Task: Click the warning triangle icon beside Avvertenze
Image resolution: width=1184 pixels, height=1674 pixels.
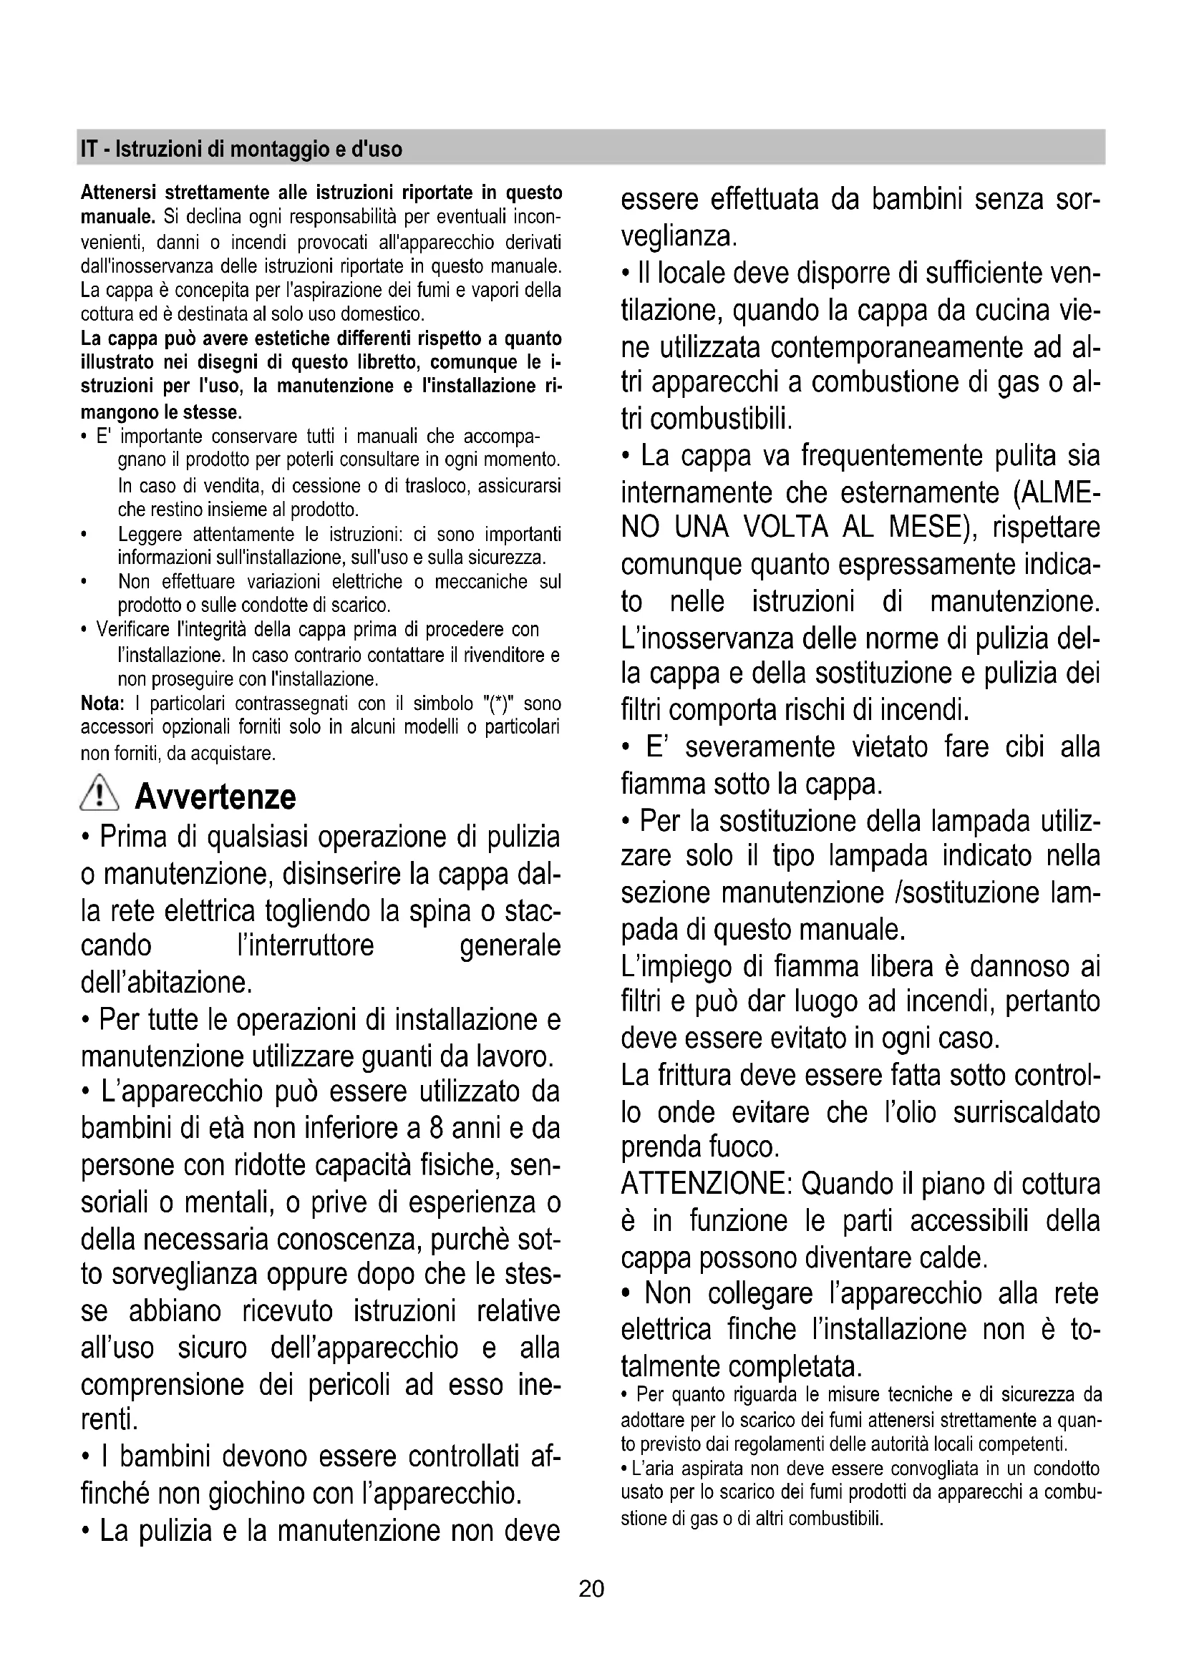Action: pos(102,794)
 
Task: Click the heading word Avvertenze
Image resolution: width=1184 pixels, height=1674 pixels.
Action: pos(215,796)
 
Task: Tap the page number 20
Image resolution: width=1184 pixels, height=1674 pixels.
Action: pos(591,1588)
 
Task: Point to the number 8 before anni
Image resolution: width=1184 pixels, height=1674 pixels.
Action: pos(437,1128)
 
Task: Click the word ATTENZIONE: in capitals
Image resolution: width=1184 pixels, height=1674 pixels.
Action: pos(707,1184)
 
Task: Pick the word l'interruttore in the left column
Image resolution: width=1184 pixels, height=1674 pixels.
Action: pos(306,945)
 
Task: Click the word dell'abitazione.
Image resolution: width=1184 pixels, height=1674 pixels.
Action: pos(167,982)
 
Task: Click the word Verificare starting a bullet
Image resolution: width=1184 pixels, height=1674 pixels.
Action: pos(135,629)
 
